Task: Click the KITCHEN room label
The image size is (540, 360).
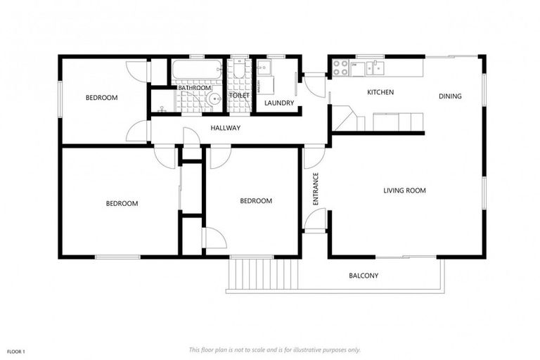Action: [x=380, y=92]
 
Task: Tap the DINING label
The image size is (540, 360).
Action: [x=450, y=96]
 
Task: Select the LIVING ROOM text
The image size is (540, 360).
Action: [x=404, y=191]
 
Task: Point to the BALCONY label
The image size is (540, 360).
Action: [x=364, y=276]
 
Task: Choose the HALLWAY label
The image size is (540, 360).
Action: [x=226, y=128]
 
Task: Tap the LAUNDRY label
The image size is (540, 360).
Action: [x=279, y=103]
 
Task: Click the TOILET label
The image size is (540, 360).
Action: [x=239, y=96]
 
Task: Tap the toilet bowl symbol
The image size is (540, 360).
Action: [x=240, y=72]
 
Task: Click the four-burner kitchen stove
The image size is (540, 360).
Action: [x=341, y=68]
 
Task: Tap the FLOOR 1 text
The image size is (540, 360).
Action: [x=16, y=351]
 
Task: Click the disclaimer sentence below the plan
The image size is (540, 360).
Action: [x=274, y=349]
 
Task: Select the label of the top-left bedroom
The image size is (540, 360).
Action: [x=101, y=98]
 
